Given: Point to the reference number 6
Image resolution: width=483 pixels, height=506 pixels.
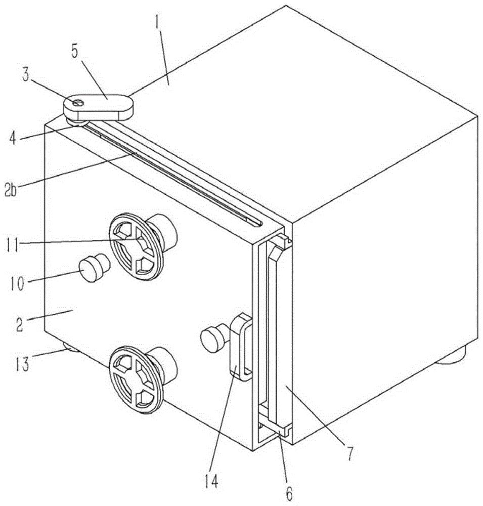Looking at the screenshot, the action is point(289,492).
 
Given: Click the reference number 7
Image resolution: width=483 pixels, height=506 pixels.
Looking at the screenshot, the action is point(350,454).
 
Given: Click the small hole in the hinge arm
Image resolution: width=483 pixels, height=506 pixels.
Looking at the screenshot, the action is point(78,103).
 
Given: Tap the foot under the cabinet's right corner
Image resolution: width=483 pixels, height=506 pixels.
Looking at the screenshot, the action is point(451,356).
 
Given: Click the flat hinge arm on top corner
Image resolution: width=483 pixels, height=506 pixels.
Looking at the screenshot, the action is point(98,107).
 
